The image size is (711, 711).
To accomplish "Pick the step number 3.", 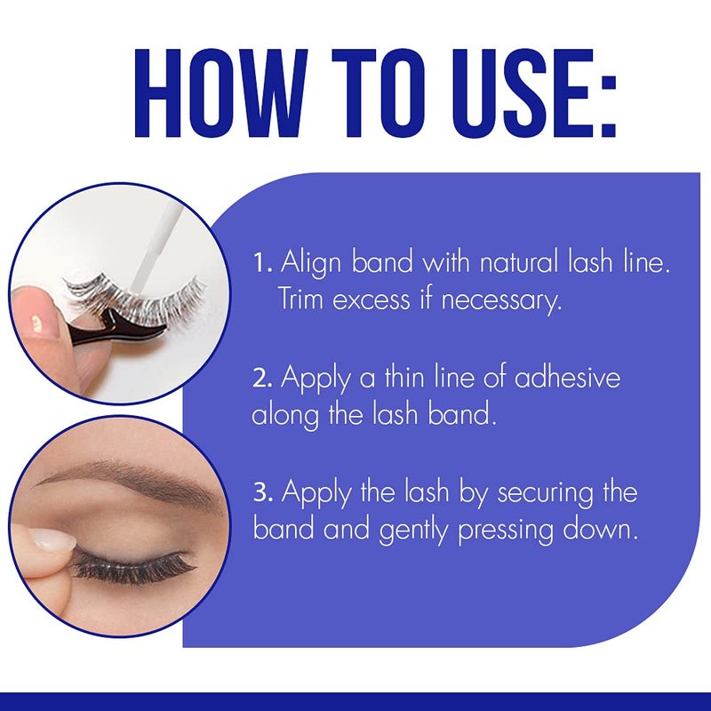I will click(x=260, y=491).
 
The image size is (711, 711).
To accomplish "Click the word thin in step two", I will click(x=411, y=377).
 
